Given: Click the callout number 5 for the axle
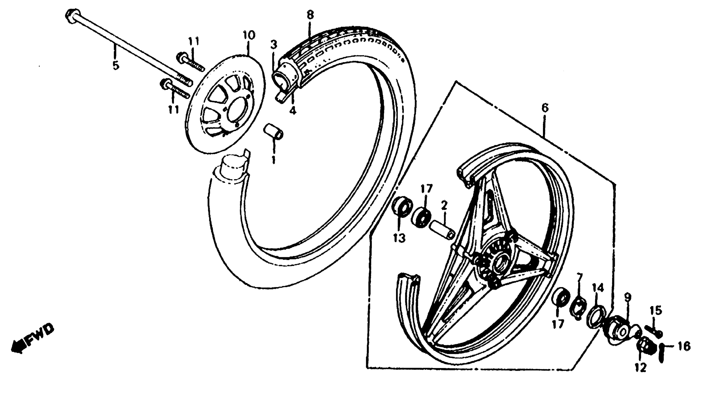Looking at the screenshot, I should pos(116,66).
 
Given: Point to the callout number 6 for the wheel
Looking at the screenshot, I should pos(545,108).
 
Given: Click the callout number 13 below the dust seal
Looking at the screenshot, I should pos(399,238).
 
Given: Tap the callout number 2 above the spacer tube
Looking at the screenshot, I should pos(444,206).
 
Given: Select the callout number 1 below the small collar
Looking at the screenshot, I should pos(274,160).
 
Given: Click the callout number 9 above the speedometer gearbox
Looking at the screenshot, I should pos(628,298).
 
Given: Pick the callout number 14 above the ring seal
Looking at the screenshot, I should pos(598,289).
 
